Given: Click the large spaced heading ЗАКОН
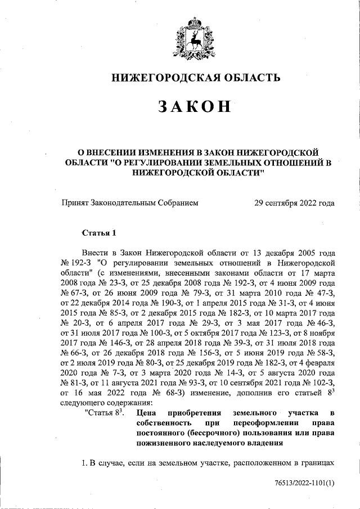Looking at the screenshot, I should coord(194,107).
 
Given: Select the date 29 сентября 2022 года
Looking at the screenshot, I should coord(295,204).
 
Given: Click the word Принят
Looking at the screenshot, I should coord(75,204).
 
